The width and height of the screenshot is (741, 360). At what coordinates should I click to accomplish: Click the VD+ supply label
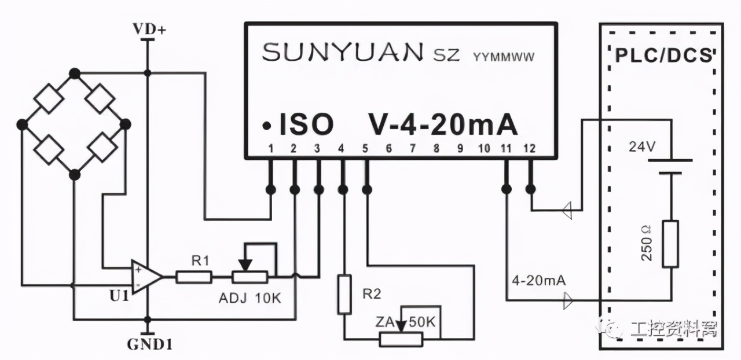pyautogui.click(x=149, y=30)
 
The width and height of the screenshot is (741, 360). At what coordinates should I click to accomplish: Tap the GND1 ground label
pyautogui.click(x=149, y=346)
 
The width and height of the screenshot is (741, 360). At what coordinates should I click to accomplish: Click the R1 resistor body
pyautogui.click(x=194, y=278)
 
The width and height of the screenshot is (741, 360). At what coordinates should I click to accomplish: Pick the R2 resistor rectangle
pyautogui.click(x=344, y=295)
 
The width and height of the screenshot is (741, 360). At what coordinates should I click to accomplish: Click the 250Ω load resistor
pyautogui.click(x=670, y=243)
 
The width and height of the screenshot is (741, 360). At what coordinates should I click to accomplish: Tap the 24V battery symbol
pyautogui.click(x=670, y=166)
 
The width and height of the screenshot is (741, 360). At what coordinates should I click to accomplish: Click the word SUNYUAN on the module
pyautogui.click(x=342, y=54)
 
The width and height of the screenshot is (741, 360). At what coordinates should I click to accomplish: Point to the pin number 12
pyautogui.click(x=528, y=149)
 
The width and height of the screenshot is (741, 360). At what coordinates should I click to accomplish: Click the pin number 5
pyautogui.click(x=365, y=149)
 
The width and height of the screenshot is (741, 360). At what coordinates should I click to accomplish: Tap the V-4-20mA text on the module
pyautogui.click(x=442, y=124)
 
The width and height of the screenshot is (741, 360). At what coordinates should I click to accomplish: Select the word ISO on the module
pyautogui.click(x=306, y=124)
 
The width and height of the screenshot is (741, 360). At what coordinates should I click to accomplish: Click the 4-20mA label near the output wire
pyautogui.click(x=538, y=281)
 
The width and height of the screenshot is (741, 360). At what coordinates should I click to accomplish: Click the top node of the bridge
pyautogui.click(x=74, y=73)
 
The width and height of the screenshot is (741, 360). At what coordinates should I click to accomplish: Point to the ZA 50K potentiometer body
pyautogui.click(x=401, y=340)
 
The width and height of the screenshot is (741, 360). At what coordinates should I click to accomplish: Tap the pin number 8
pyautogui.click(x=436, y=149)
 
